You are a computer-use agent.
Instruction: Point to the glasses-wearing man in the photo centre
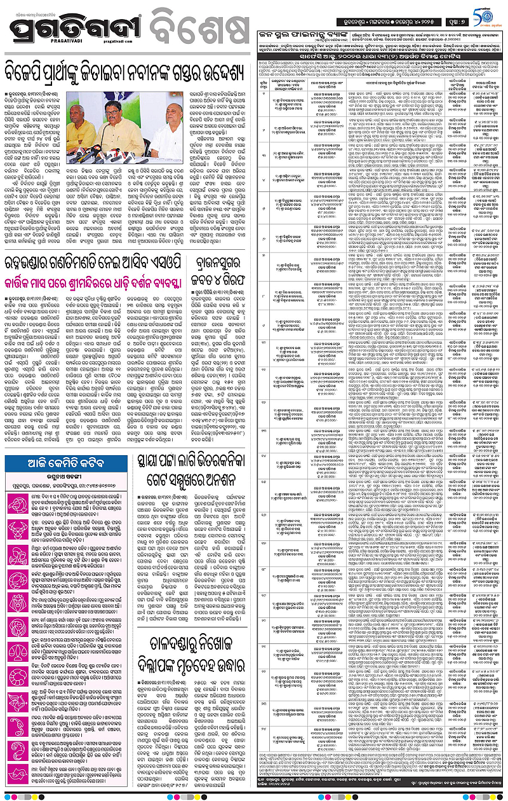130,127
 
